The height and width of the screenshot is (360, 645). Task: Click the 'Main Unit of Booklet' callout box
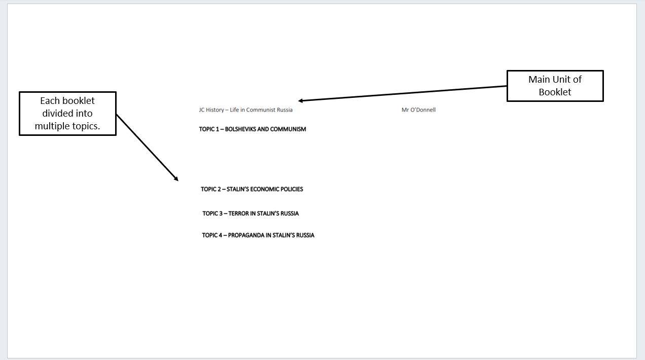(x=555, y=86)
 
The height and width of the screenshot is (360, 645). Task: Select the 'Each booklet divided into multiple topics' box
(x=67, y=114)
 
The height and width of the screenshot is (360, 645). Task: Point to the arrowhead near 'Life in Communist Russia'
(x=301, y=101)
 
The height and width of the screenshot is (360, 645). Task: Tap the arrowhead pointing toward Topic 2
(x=176, y=178)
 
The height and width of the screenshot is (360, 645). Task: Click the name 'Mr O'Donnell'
(x=418, y=110)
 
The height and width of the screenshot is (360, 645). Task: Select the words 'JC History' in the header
(x=211, y=110)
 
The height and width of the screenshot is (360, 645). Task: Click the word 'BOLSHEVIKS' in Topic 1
(x=240, y=129)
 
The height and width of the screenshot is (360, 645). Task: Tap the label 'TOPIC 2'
(x=210, y=189)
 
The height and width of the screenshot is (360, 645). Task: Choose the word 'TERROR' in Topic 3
(x=239, y=213)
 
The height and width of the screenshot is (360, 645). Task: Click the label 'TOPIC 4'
(x=212, y=235)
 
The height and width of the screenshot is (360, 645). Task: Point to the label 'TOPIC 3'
(x=212, y=213)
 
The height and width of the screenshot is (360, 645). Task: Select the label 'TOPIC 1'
(x=209, y=129)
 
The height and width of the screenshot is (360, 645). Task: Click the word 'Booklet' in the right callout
(x=555, y=92)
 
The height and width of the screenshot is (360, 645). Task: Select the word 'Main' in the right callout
(x=539, y=80)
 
